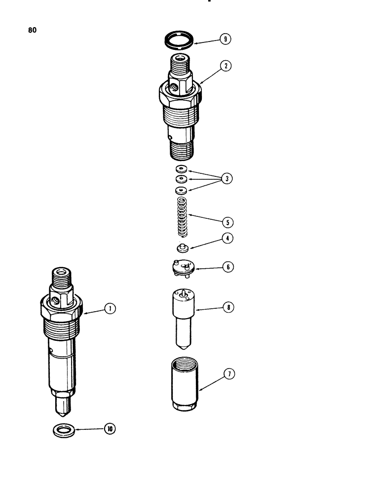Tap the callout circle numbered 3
tap(227, 179)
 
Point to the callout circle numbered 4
tap(227, 238)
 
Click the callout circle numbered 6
tap(227, 267)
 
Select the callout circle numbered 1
tap(110, 309)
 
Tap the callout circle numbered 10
tap(110, 429)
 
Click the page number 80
tap(33, 30)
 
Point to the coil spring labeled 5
tap(181, 216)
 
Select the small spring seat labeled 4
tap(181, 247)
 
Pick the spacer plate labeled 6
tap(181, 267)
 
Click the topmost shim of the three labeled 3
tap(181, 169)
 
